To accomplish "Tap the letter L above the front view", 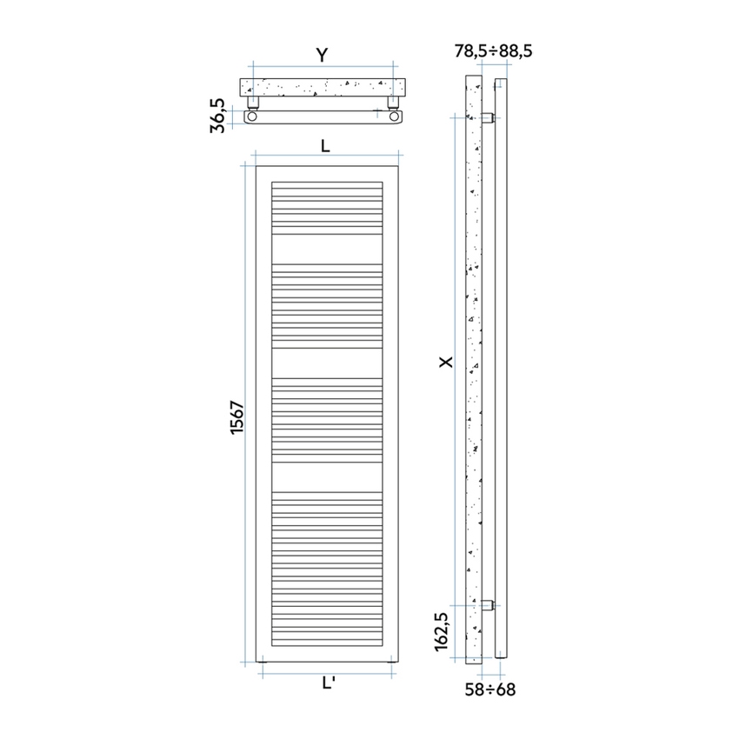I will tap(324, 146).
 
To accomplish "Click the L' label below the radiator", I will tap(329, 683).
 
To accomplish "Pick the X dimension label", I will tap(446, 360).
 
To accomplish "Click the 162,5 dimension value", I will tap(442, 630).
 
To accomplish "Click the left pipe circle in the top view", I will tap(252, 117).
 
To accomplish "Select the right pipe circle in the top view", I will tap(394, 117).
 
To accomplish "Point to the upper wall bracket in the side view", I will tap(488, 117).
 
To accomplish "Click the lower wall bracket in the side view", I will tap(488, 604).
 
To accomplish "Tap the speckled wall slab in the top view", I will tap(322, 87).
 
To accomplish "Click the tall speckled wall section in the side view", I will tap(473, 365).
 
